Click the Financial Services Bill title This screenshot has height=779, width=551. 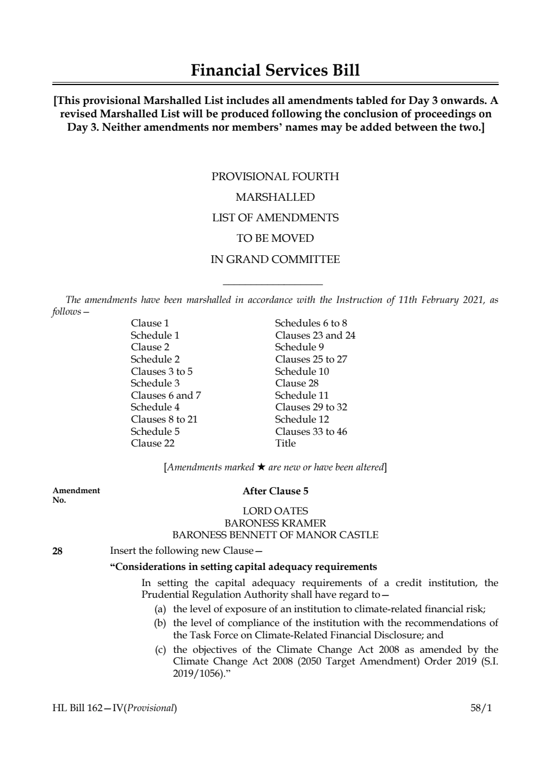coord(275,71)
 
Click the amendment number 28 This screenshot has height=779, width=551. coord(57,551)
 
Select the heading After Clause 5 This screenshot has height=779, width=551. coord(275,491)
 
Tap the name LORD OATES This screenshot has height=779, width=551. coord(275,510)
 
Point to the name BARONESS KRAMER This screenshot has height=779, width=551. coord(275,523)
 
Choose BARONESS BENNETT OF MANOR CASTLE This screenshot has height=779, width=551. coord(275,535)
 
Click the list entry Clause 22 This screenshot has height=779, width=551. coord(152,443)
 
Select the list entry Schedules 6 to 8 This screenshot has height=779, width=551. coord(311,323)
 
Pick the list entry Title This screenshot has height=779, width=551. coord(285,443)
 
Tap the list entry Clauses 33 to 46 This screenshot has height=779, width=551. coord(311,431)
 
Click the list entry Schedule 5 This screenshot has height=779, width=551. coord(155,431)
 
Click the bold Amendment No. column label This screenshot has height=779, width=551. coord(76,495)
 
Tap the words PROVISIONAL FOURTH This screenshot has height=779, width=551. coord(275,177)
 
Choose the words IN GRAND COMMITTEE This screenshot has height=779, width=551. coord(275,259)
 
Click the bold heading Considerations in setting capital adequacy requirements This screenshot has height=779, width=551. coord(244,567)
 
